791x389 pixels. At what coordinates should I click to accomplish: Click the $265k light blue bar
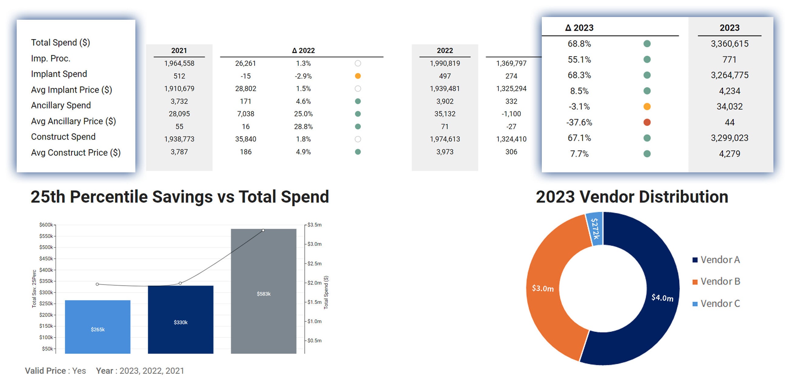point(98,327)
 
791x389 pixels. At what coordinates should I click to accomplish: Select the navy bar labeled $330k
point(181,319)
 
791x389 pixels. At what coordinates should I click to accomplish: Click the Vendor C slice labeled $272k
point(595,229)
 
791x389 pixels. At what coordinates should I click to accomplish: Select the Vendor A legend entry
point(716,260)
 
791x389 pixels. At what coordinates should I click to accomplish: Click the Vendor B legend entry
point(716,282)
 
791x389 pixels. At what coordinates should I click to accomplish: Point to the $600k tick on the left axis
point(46,225)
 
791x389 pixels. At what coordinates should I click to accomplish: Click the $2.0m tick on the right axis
point(314,283)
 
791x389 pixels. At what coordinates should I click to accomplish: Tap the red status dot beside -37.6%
point(647,122)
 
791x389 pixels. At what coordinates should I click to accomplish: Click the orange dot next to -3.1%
point(647,107)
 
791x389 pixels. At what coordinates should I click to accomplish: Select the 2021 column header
point(179,50)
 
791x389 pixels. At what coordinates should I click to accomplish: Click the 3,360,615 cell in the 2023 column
point(730,44)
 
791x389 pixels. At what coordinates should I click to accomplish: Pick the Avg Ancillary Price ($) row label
point(73,121)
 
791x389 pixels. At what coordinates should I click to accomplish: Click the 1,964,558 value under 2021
point(179,63)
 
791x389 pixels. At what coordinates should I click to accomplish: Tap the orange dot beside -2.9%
point(358,76)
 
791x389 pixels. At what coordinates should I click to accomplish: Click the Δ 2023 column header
point(579,28)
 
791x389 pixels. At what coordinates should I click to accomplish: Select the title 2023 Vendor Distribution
point(632,197)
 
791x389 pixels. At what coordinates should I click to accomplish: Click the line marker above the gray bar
point(263,230)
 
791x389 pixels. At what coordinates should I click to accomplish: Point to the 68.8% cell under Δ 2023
point(579,44)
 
